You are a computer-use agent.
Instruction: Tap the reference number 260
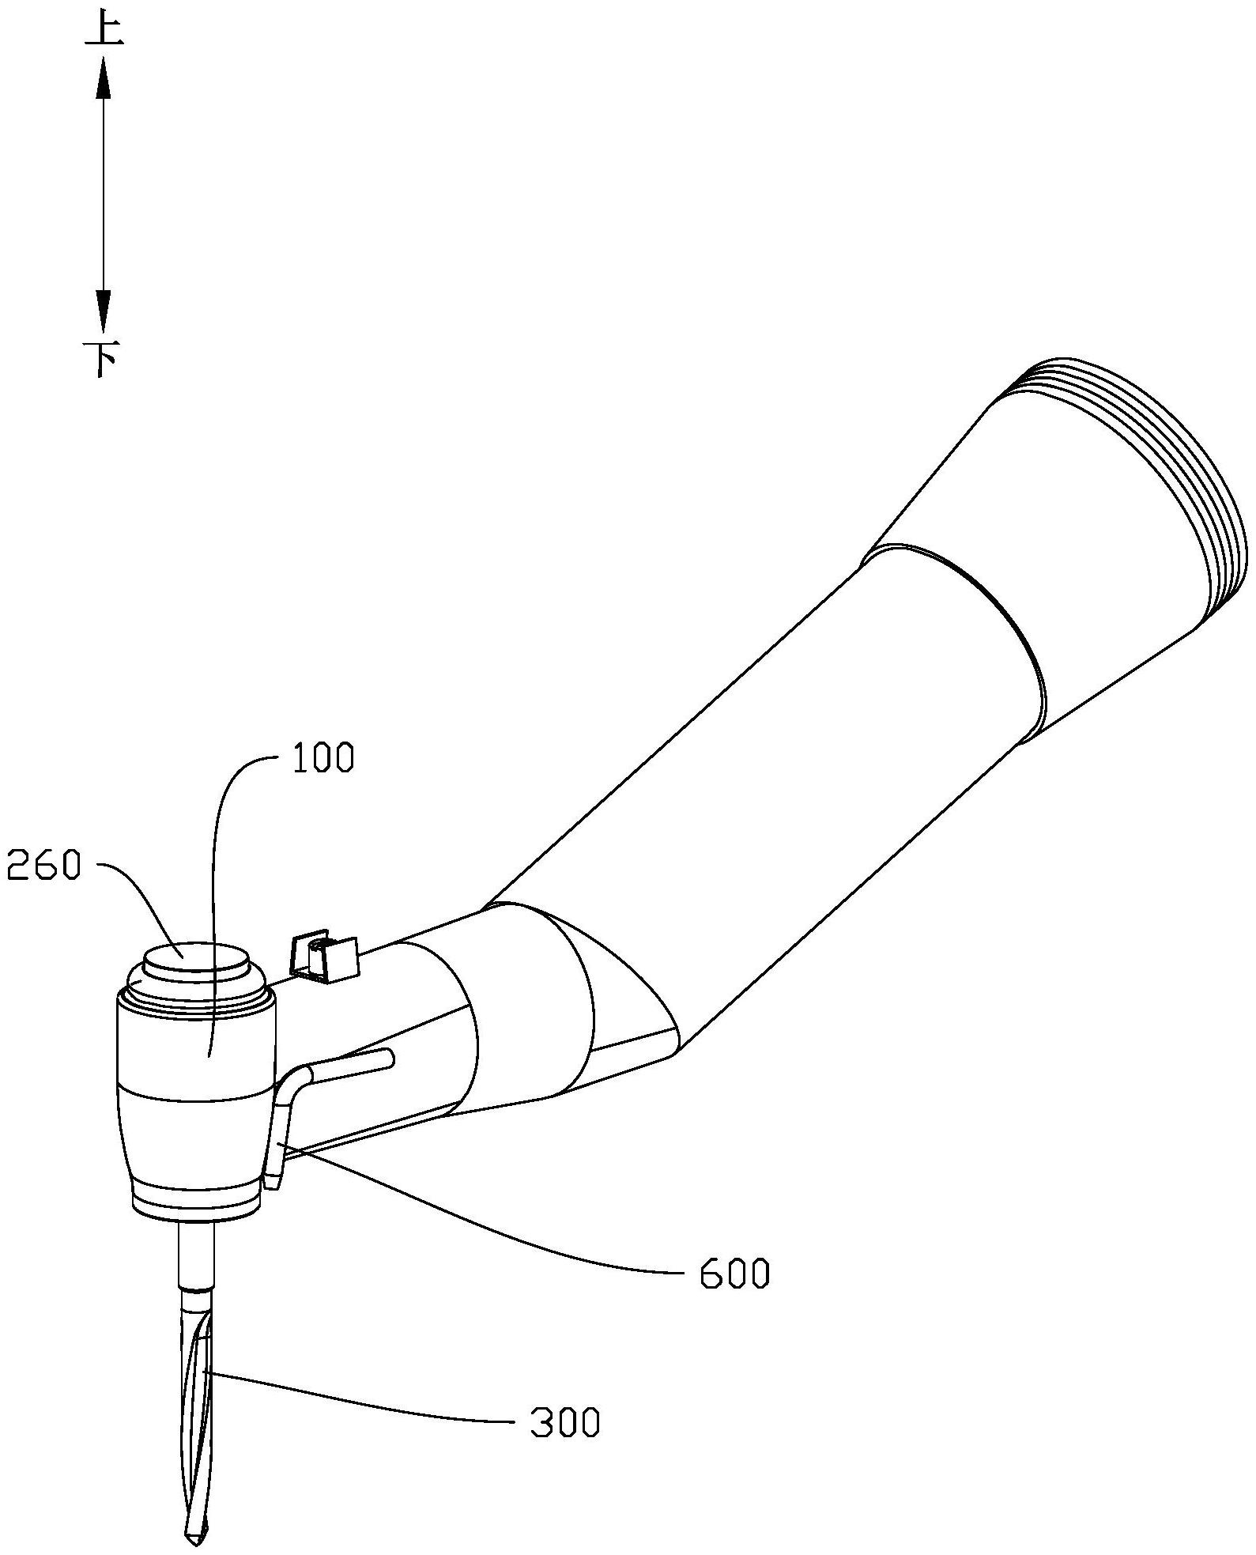43,867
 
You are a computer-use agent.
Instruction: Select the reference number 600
734,1274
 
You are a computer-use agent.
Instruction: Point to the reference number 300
565,1423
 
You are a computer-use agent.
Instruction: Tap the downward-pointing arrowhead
104,311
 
